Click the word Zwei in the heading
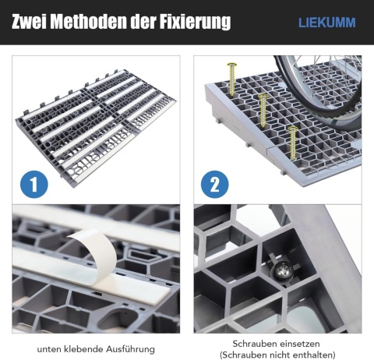point(29,22)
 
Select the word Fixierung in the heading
point(195,23)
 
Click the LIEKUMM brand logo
point(327,23)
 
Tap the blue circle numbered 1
point(34,184)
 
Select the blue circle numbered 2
point(214,184)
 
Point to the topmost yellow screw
point(231,79)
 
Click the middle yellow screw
point(263,111)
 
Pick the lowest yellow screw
point(293,143)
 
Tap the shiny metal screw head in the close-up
point(284,271)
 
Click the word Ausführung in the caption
point(130,349)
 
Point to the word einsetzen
point(299,344)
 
